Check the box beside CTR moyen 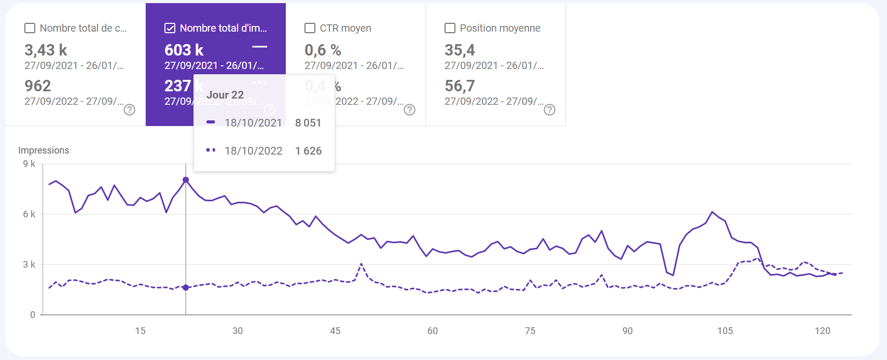[x=310, y=28]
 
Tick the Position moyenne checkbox [x=450, y=28]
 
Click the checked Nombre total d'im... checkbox [x=170, y=28]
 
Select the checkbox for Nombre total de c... [x=30, y=28]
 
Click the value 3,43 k [x=46, y=50]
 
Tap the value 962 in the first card [x=38, y=86]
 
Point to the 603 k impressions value [x=184, y=50]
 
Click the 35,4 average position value [x=460, y=50]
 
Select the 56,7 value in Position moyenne [x=460, y=86]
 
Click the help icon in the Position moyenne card [x=549, y=109]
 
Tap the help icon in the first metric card [x=129, y=109]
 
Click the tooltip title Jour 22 [x=225, y=95]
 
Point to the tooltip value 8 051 [x=308, y=123]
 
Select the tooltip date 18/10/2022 [x=253, y=151]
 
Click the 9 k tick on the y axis [x=29, y=164]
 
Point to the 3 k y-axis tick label [x=29, y=265]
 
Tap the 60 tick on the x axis [x=433, y=331]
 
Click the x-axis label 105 [x=725, y=331]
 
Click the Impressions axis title [x=44, y=150]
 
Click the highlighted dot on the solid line [x=186, y=180]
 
